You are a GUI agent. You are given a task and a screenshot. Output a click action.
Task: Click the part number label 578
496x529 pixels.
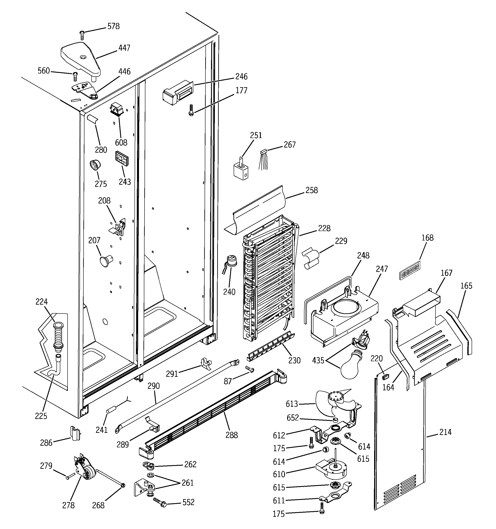pos(113,26)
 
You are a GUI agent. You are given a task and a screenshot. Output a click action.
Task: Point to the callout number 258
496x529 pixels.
pos(311,190)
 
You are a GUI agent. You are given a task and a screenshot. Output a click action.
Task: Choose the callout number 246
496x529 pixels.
pos(241,76)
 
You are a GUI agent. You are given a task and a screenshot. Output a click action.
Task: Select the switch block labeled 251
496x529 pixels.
pos(241,169)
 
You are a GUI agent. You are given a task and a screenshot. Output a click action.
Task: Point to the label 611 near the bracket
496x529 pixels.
pos(279,501)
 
